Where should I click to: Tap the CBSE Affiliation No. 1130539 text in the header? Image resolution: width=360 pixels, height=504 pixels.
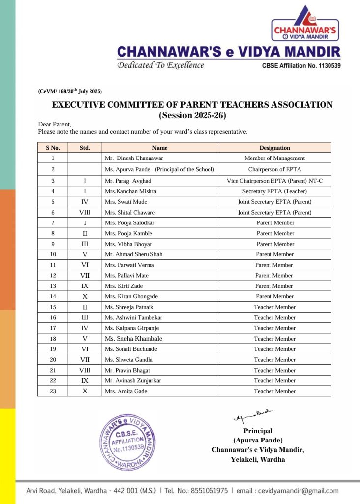pos(301,66)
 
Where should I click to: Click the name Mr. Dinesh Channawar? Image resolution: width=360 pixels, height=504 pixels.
pos(134,158)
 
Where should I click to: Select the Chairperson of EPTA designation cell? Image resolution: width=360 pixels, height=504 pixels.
pos(274,169)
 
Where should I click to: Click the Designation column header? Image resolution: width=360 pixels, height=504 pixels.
pos(274,148)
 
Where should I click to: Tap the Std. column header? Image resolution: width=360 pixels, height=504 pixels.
pos(85,148)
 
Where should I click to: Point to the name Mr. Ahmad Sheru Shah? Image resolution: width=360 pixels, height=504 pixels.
pos(133,254)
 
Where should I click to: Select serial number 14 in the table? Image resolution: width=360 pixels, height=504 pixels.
pos(53,296)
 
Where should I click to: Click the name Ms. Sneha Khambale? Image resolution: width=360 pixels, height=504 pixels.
pos(133,339)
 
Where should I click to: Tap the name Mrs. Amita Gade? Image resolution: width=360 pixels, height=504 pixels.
pos(126,391)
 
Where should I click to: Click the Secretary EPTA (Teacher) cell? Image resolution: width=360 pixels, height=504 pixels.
pos(274,191)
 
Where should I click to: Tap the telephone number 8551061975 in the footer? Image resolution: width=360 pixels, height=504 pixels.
pos(210,491)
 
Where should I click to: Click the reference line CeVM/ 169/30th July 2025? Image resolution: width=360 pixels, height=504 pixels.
pos(69,91)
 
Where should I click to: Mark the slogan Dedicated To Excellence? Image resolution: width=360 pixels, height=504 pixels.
pos(160,65)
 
